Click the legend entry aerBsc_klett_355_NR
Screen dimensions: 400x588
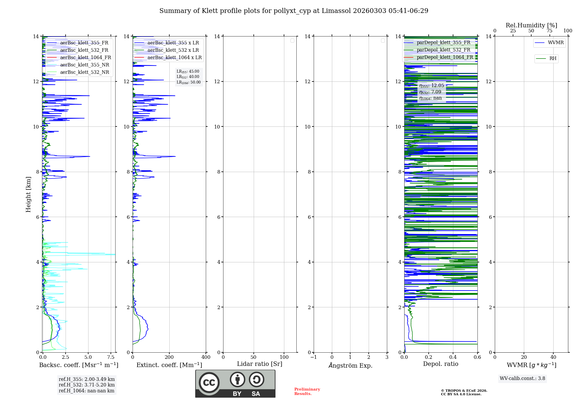point(84,65)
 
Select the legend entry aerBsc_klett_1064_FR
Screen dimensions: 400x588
point(85,57)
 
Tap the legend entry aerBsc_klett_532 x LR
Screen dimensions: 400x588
point(173,50)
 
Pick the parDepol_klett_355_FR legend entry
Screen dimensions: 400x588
point(443,42)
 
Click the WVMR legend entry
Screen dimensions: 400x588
point(556,43)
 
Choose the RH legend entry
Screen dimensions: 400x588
point(553,59)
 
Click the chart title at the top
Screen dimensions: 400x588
point(294,11)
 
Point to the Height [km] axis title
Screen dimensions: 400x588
point(28,194)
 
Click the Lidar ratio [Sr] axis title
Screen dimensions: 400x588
point(260,364)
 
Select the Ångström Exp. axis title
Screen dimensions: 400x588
point(350,365)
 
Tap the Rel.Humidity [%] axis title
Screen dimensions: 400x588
point(531,25)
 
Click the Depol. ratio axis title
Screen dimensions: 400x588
point(440,364)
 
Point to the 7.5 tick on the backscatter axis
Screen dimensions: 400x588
point(111,357)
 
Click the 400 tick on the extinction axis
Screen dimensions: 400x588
point(206,357)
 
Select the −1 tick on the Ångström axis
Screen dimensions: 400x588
point(313,357)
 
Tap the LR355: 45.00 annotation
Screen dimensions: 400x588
point(188,71)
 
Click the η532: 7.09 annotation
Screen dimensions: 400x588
point(430,92)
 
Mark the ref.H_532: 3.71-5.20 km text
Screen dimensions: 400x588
point(86,385)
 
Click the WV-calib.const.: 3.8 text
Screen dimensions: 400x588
point(522,378)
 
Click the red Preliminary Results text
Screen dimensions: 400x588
point(307,391)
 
